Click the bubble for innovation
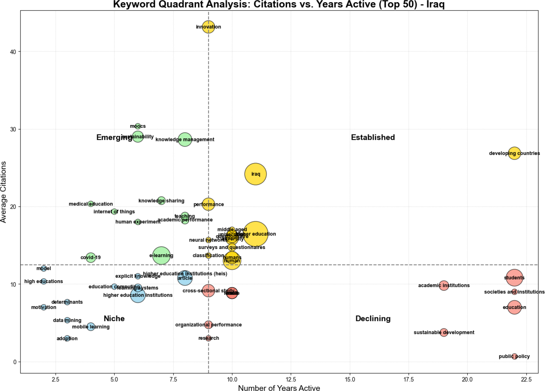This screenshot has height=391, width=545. click(208, 27)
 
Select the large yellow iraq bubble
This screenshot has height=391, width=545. click(255, 174)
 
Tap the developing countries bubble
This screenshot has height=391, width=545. click(514, 153)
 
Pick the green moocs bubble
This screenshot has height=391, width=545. click(138, 126)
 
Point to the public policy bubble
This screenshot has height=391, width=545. click(514, 356)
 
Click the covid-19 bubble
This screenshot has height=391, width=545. click(91, 257)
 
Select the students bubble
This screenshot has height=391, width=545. click(514, 278)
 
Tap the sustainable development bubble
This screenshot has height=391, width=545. click(444, 332)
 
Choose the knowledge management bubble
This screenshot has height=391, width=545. click(185, 140)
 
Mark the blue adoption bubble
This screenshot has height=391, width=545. click(67, 338)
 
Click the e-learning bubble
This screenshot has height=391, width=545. click(161, 255)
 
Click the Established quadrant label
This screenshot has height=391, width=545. click(373, 137)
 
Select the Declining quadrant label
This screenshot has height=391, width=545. click(373, 318)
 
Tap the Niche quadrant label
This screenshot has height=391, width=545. click(114, 318)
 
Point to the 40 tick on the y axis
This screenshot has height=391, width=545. click(13, 52)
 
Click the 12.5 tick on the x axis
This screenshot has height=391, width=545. click(291, 379)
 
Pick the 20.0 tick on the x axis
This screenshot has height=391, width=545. click(467, 379)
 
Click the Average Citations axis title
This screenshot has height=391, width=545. click(4, 192)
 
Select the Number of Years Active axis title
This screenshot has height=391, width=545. click(279, 388)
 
